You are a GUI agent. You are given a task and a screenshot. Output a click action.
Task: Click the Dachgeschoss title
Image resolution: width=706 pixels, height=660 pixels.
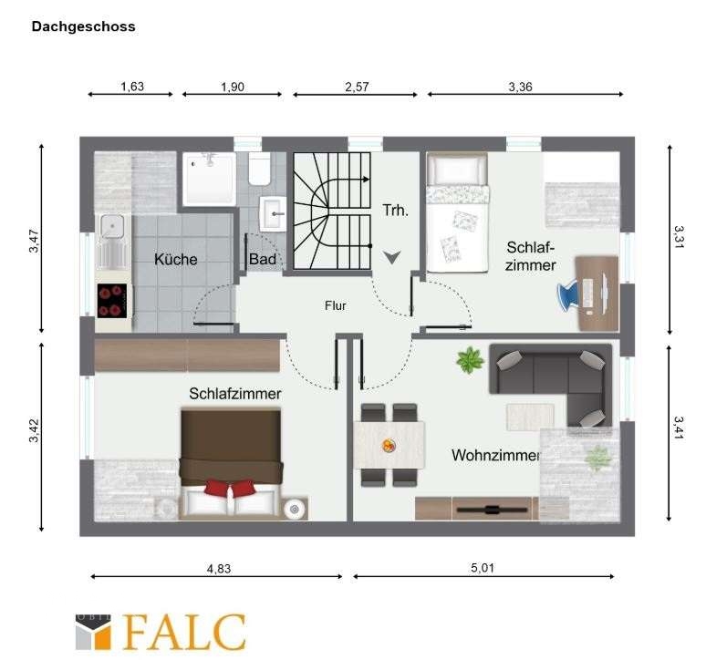coord(83,26)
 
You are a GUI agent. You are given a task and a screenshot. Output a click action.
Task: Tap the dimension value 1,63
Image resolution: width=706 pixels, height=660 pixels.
coord(132,87)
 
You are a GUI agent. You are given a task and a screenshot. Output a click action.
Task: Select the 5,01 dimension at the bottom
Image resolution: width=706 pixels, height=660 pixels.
coord(483,568)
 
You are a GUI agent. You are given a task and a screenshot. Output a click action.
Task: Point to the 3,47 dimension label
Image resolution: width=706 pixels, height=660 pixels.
coord(35,241)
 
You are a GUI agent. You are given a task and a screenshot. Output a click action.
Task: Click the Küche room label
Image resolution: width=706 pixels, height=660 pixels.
coord(176,259)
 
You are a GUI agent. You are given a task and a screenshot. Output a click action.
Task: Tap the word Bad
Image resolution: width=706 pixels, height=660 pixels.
coord(262,259)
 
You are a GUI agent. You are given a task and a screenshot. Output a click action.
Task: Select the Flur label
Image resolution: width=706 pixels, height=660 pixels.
coord(336,306)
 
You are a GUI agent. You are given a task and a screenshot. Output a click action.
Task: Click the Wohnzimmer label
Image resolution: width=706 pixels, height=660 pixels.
coord(495,455)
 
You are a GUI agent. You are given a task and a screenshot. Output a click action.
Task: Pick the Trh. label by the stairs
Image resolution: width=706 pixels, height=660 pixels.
coord(395,210)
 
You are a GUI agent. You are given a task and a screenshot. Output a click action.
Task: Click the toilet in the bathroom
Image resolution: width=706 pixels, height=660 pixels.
coord(259,170)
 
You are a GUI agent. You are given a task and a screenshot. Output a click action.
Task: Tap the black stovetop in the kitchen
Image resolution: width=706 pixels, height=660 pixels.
coord(112,301)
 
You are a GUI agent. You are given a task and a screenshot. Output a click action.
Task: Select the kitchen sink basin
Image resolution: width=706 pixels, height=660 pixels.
coord(112,225)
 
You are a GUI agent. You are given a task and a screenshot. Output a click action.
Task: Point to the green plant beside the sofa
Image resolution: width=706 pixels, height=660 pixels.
coord(470,360)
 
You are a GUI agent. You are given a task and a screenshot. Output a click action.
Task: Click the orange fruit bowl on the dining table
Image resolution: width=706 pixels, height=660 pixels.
coord(389,446)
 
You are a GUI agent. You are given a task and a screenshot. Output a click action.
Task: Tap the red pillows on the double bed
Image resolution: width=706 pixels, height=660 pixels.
coord(230,488)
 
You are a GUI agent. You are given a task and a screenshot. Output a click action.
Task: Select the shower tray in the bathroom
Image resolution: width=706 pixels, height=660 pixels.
coord(210,179)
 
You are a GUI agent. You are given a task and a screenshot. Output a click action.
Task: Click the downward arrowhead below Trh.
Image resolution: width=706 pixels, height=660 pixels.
coord(392,257)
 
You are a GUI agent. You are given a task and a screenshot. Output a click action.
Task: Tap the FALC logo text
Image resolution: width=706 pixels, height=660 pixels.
coord(184,632)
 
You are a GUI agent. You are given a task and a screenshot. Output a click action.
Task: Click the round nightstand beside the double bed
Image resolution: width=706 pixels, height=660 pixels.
coord(295,510)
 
